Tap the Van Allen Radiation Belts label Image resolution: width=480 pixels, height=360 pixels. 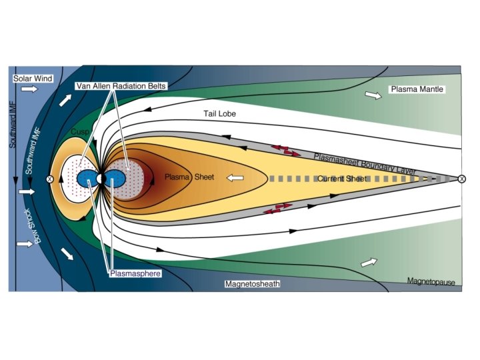(x=121, y=86)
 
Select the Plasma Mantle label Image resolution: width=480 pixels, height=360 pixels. (x=417, y=89)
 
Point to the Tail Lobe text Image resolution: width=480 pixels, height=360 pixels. (x=220, y=114)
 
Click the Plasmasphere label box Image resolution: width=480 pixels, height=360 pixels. (x=136, y=273)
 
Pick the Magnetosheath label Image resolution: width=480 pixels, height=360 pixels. (x=252, y=283)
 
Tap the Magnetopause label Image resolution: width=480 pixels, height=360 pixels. (x=431, y=283)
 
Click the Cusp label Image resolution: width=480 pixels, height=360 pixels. (x=81, y=132)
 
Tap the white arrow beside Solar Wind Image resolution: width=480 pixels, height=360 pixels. (x=30, y=89)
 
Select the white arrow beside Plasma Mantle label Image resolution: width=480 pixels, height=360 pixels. (x=374, y=96)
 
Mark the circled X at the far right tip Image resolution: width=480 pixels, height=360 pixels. (x=461, y=179)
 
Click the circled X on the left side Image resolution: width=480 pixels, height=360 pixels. (x=49, y=179)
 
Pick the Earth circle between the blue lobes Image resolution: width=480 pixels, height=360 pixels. (x=100, y=179)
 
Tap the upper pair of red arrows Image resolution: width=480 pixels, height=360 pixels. (x=285, y=150)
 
